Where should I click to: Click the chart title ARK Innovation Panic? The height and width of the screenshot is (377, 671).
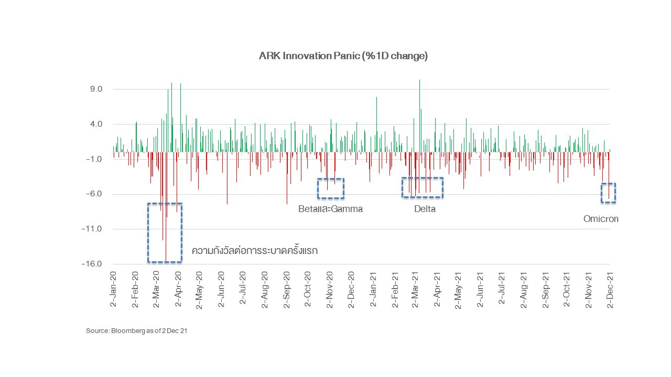click(x=343, y=56)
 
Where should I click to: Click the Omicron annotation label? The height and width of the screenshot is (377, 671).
click(x=601, y=219)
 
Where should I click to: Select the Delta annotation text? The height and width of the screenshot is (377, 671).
click(x=425, y=209)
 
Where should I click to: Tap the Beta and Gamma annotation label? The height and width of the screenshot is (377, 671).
click(x=330, y=209)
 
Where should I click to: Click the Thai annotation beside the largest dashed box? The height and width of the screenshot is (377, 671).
click(x=255, y=251)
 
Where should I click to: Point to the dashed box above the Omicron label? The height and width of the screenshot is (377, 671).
click(x=608, y=193)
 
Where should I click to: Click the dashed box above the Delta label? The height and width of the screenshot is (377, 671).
click(x=423, y=187)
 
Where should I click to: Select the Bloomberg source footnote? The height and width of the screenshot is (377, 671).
click(x=136, y=331)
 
